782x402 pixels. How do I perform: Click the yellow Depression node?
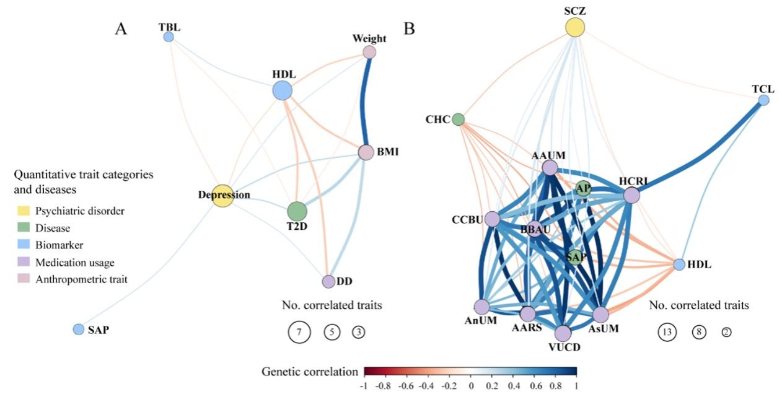tap(222, 195)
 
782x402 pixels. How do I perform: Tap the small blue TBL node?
tap(168, 37)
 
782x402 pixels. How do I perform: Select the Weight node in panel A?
tap(369, 52)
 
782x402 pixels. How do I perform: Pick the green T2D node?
tap(297, 211)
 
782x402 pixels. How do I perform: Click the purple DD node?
tap(328, 281)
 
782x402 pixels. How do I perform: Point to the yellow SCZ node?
tap(575, 27)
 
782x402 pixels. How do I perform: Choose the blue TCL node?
tap(763, 99)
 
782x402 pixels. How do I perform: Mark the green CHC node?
tap(458, 119)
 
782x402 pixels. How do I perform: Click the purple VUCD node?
tap(563, 333)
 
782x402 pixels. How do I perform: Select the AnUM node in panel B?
tap(481, 307)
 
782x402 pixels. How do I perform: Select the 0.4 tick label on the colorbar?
tap(514, 386)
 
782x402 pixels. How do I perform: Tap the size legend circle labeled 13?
tap(667, 332)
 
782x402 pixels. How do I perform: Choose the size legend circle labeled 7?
tap(299, 332)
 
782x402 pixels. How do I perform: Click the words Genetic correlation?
tap(309, 372)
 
